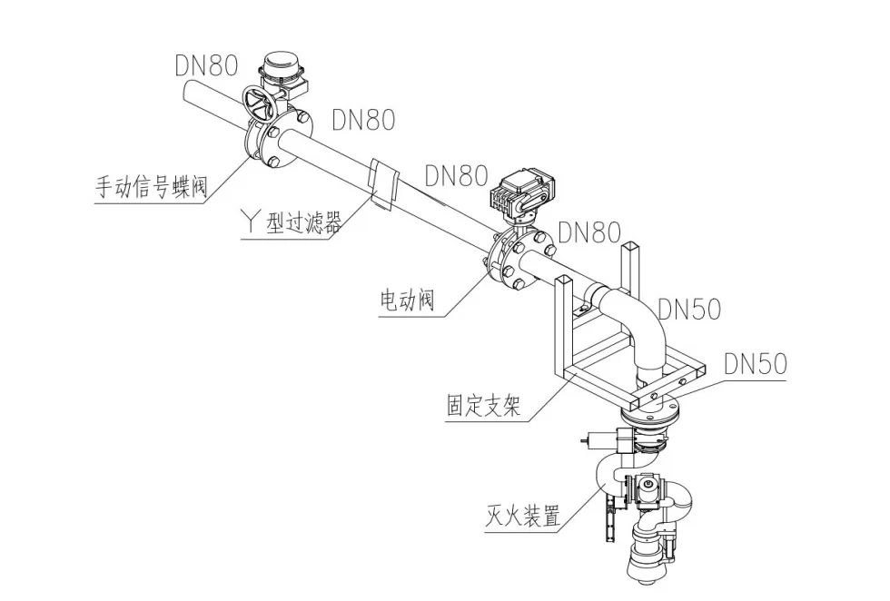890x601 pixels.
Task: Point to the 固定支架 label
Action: [x=483, y=404]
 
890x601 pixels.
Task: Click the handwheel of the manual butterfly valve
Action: [x=262, y=107]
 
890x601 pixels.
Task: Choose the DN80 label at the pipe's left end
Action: [x=207, y=65]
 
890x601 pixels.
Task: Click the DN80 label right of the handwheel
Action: [x=363, y=119]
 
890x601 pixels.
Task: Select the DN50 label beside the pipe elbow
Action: [x=687, y=310]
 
